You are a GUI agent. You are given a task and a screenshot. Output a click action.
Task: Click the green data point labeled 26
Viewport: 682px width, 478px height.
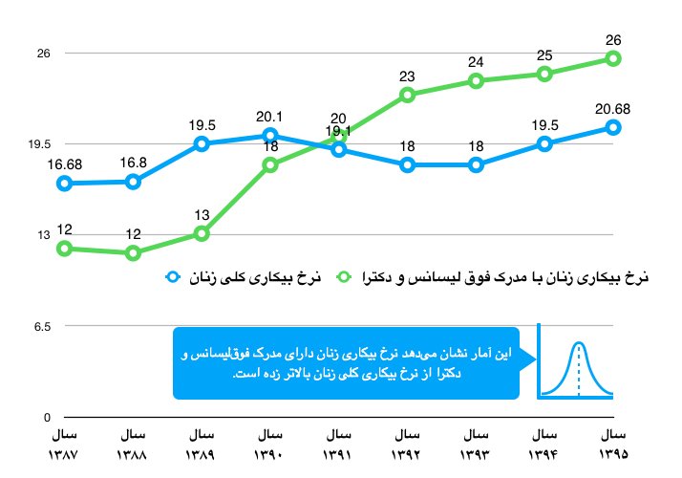(613, 59)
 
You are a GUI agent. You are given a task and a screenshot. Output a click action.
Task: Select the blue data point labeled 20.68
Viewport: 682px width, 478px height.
(613, 127)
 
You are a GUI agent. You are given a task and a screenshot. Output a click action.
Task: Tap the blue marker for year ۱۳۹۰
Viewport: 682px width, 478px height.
(270, 136)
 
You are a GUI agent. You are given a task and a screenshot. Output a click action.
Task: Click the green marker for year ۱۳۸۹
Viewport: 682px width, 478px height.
(202, 233)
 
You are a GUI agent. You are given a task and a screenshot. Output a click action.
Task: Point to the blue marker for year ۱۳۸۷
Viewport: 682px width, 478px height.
(64, 183)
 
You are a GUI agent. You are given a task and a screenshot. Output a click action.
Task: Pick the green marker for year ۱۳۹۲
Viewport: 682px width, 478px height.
(408, 95)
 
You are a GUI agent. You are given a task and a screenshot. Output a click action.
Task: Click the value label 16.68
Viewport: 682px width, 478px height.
(64, 163)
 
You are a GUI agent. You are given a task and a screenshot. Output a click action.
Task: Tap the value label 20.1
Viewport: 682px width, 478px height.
(270, 117)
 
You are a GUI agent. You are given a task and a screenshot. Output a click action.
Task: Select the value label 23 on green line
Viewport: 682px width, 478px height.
(408, 76)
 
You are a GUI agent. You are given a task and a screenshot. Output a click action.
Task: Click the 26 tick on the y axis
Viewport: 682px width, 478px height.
(43, 54)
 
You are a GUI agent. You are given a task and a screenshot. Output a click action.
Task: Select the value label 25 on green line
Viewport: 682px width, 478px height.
(544, 55)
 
